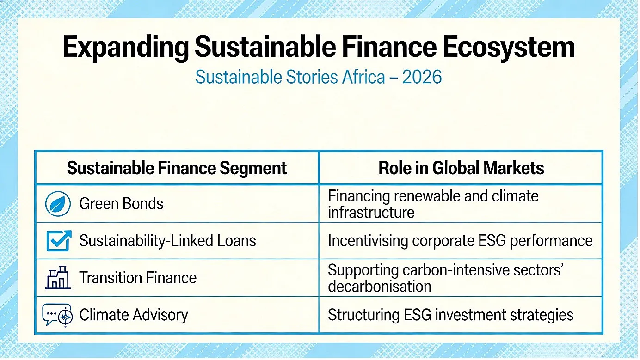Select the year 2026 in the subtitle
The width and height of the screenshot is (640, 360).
[x=422, y=77]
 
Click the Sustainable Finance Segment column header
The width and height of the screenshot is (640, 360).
[x=177, y=168]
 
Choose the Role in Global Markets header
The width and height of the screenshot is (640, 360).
[x=461, y=168]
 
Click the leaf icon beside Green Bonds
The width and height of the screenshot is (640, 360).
[x=58, y=204]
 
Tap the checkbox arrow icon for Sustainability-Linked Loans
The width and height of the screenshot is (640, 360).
[x=59, y=241]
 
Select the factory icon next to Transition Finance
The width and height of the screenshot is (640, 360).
[x=58, y=277]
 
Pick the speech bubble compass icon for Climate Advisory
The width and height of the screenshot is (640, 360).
[x=58, y=315]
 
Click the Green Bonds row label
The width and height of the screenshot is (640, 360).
[x=121, y=204]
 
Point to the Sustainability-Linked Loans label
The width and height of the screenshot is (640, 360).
[x=167, y=241]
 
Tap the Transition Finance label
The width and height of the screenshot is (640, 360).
[x=138, y=278]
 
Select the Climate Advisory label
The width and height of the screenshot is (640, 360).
[x=134, y=315]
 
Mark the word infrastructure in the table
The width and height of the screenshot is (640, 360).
[x=371, y=213]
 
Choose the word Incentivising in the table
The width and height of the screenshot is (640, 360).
[x=368, y=241]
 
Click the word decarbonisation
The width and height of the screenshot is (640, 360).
[x=380, y=287]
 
